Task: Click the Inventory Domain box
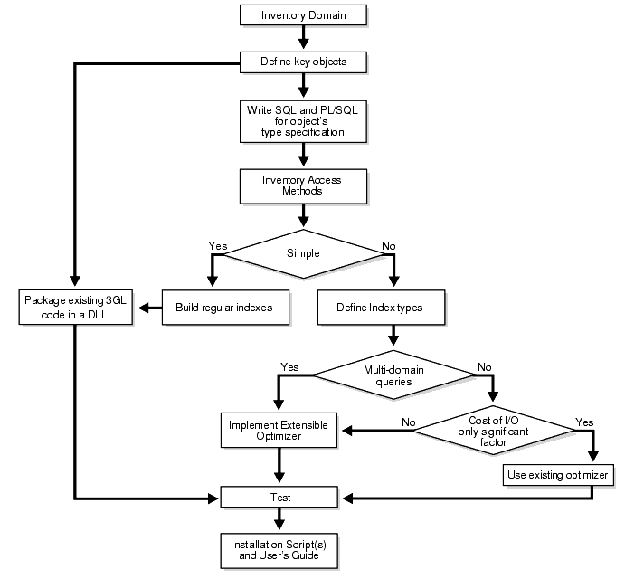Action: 302,15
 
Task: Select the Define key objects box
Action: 302,62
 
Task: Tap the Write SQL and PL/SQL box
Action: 302,121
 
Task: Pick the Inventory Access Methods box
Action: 302,185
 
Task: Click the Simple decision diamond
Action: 302,252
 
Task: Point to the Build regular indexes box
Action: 223,308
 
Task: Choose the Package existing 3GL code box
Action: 76,307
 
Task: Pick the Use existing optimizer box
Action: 559,474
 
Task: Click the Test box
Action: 279,497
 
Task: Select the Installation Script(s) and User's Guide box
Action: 279,548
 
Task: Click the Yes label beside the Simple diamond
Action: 217,244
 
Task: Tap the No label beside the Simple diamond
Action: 389,244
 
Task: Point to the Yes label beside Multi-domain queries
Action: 289,367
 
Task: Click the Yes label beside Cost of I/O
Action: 585,422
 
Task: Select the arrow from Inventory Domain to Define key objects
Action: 302,38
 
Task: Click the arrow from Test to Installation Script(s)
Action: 279,519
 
